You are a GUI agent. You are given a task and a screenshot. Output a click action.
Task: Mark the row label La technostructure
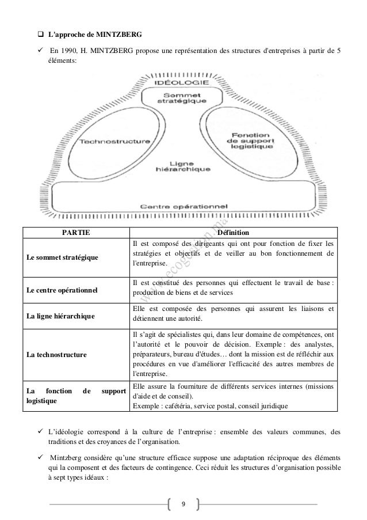[55, 354]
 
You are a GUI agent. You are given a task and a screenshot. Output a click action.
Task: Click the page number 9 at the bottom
[183, 504]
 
